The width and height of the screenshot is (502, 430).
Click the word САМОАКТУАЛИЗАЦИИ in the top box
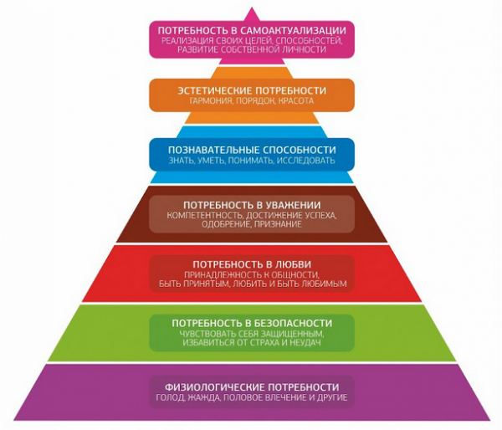293,30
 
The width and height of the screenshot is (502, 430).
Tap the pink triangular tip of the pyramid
252,15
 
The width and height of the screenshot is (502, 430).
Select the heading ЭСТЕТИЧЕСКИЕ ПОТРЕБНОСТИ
252,90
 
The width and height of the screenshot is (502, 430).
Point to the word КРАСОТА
296,101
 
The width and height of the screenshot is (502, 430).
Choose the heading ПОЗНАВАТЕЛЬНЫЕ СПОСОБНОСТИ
252,150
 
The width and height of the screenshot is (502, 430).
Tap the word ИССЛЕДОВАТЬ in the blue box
305,160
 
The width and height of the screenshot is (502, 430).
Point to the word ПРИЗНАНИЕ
278,224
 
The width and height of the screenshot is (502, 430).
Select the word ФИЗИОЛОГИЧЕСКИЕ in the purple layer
214,387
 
